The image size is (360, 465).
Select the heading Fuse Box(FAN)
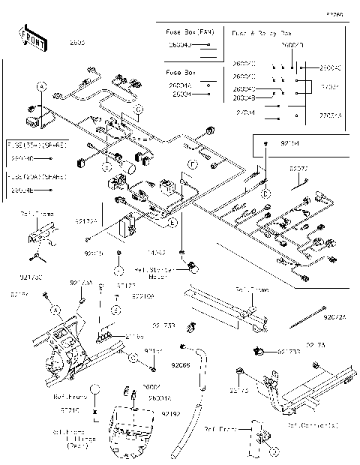[189, 33]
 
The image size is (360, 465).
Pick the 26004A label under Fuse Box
[179, 86]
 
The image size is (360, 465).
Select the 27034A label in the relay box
[331, 115]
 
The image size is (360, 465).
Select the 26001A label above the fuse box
[159, 398]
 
